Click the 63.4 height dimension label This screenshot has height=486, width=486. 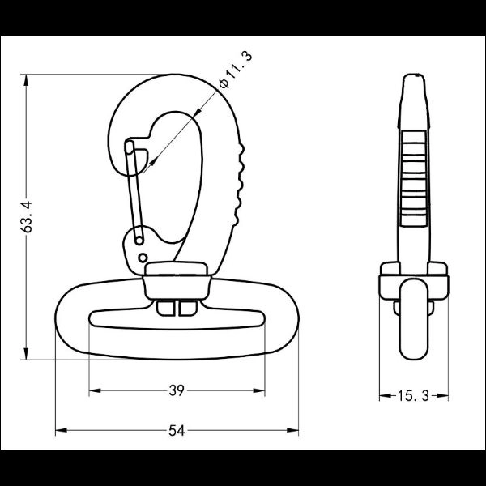27,216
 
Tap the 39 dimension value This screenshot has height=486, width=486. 177,391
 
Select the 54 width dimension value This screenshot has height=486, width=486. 177,431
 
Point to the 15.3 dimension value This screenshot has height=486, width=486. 413,396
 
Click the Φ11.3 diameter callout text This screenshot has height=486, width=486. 235,70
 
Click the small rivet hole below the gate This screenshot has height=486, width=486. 143,258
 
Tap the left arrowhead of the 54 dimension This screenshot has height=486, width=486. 61,431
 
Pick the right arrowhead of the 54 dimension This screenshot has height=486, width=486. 292,431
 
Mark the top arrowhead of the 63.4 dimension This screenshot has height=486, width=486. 26,80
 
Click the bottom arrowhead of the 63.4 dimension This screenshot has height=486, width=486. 26,354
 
